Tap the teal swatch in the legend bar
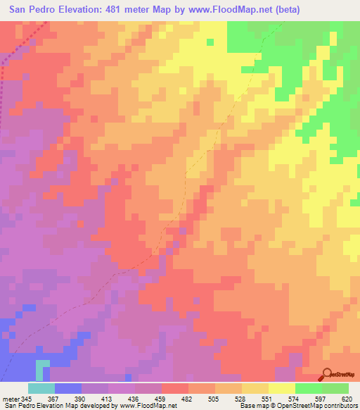41,388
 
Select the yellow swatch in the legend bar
282,388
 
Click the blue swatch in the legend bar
67,388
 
